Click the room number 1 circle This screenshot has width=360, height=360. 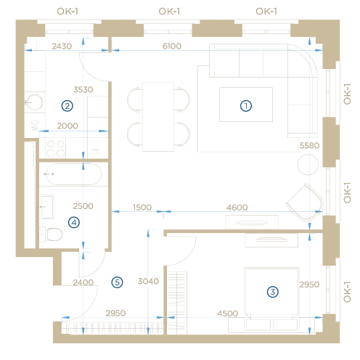pyautogui.click(x=246, y=106)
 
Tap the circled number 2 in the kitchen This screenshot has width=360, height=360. pyautogui.click(x=67, y=106)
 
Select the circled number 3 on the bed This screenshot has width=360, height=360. pyautogui.click(x=273, y=292)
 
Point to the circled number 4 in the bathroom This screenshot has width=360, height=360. pyautogui.click(x=74, y=222)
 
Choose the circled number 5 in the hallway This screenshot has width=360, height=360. pyautogui.click(x=117, y=282)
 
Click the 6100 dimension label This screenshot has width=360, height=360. pyautogui.click(x=172, y=46)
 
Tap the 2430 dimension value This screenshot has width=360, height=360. pyautogui.click(x=62, y=46)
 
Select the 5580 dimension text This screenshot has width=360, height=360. pyautogui.click(x=309, y=145)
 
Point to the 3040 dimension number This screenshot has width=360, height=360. pyautogui.click(x=148, y=281)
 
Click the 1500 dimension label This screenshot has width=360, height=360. pyautogui.click(x=142, y=208)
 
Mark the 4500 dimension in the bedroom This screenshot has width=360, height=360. pyautogui.click(x=228, y=314)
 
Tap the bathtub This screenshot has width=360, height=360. pyautogui.click(x=73, y=174)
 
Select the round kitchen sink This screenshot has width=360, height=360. pyautogui.click(x=35, y=102)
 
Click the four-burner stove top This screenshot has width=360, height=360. pyautogui.click(x=55, y=149)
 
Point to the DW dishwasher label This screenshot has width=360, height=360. pyautogui.click(x=35, y=126)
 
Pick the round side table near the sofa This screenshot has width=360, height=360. pyautogui.click(x=308, y=165)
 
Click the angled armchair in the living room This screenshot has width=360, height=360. pyautogui.click(x=305, y=202)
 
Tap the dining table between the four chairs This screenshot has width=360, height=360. pyautogui.click(x=158, y=117)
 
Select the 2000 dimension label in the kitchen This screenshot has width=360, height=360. pyautogui.click(x=67, y=126)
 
